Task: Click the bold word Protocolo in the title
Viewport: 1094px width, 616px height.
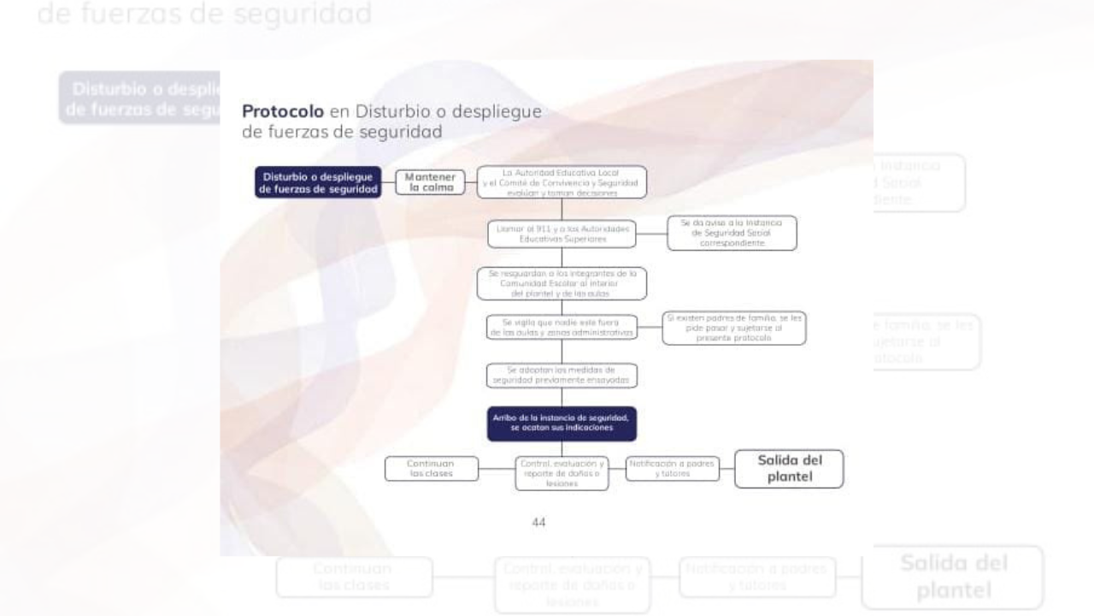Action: point(281,111)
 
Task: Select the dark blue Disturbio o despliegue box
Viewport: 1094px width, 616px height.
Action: point(318,183)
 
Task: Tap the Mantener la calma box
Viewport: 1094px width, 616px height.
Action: point(431,182)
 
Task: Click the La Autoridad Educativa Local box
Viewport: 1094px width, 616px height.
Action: point(562,182)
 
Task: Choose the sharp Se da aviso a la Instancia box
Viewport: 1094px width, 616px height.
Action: point(732,233)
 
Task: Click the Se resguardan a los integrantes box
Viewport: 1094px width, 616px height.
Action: point(562,283)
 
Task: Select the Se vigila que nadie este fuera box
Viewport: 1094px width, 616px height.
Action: point(562,328)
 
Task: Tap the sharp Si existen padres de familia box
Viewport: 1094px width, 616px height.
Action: point(733,328)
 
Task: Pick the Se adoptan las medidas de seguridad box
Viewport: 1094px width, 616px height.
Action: point(562,376)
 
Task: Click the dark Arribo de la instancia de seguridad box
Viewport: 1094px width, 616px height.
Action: point(562,423)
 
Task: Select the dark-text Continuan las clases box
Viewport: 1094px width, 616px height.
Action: point(431,468)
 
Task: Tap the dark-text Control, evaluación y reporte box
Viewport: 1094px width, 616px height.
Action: point(562,473)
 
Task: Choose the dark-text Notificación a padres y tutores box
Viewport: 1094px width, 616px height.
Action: point(672,468)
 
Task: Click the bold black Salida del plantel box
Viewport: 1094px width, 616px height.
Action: point(789,469)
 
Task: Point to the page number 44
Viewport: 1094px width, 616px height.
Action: point(538,522)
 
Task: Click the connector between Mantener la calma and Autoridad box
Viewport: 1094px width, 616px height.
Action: point(471,182)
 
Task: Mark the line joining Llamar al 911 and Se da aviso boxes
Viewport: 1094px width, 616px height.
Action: point(651,233)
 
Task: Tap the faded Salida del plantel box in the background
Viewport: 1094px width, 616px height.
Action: point(952,577)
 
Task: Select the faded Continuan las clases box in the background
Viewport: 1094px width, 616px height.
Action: point(354,577)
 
